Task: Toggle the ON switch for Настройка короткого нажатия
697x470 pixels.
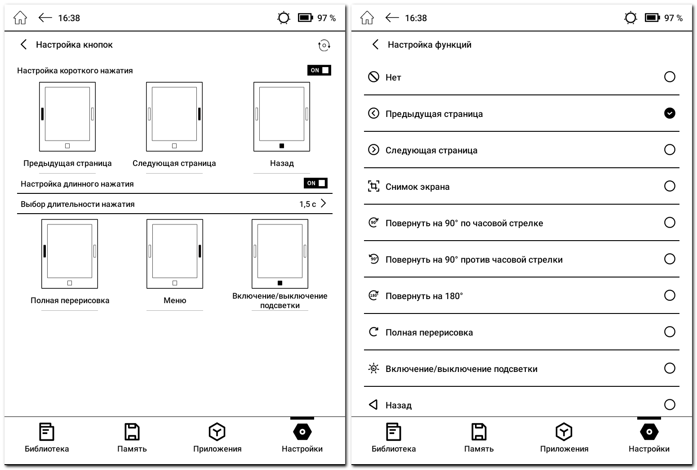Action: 319,70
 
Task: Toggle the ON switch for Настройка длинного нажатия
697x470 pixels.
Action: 315,183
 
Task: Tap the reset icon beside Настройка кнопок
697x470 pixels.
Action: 324,45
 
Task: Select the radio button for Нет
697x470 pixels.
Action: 670,77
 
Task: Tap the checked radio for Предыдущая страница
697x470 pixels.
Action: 670,113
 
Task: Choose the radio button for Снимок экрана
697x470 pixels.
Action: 670,186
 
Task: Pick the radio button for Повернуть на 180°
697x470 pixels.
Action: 670,295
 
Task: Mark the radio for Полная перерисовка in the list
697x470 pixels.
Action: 670,332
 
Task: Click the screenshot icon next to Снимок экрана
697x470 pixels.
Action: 373,186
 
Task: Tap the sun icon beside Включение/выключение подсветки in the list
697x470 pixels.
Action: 373,369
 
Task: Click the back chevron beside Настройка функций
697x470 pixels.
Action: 376,45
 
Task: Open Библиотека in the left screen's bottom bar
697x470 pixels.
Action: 47,437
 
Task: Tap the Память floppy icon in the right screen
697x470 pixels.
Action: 479,432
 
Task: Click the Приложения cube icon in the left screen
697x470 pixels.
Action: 217,432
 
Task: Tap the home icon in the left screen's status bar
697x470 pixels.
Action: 20,18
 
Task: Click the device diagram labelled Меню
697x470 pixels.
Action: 175,254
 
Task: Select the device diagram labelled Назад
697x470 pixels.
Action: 282,116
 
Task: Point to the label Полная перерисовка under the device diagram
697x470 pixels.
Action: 70,300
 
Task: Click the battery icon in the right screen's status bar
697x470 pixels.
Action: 652,18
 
